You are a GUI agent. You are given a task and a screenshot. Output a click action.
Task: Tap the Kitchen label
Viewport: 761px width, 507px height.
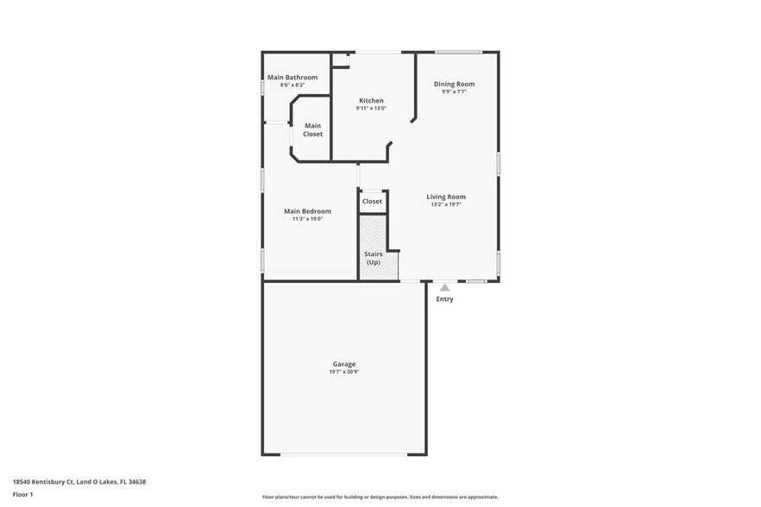(371, 101)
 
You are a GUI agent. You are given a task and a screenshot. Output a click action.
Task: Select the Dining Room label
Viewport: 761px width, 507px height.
(454, 84)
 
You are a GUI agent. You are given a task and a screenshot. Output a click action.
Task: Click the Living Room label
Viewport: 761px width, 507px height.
(446, 197)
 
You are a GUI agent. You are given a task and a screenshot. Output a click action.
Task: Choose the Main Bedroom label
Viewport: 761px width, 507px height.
(307, 211)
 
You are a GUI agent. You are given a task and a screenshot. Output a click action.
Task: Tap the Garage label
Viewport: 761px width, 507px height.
(343, 364)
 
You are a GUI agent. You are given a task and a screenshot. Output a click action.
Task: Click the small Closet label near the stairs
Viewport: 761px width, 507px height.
(372, 201)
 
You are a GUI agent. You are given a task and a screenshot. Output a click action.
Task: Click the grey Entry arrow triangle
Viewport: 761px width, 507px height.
(444, 288)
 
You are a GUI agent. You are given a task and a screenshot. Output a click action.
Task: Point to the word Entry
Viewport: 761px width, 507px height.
(444, 299)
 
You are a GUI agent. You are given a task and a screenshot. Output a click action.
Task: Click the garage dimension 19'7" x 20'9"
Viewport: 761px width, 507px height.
(343, 372)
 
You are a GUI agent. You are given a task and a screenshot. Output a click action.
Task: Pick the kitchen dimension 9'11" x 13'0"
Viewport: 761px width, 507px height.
(371, 109)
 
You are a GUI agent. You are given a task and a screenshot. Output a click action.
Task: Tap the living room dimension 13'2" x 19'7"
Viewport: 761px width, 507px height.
(446, 204)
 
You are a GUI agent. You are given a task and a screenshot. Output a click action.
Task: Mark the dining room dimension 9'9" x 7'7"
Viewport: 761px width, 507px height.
(454, 91)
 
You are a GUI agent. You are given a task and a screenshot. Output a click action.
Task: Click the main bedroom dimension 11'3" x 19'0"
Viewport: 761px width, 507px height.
(307, 219)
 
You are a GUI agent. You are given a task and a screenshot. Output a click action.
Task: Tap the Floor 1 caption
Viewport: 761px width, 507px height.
(22, 494)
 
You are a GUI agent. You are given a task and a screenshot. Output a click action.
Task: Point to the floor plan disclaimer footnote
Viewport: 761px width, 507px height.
(380, 497)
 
